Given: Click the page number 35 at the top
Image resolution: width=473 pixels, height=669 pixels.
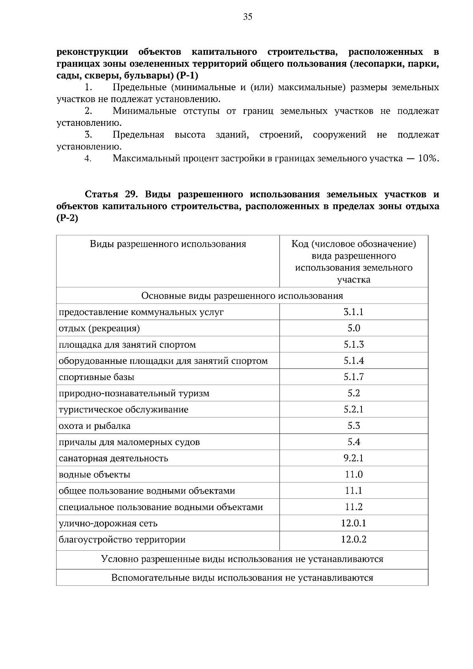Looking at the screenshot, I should [x=248, y=17].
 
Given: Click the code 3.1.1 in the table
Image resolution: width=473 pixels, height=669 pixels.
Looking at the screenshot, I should [x=353, y=312].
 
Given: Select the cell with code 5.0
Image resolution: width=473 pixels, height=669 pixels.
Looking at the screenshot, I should [x=354, y=328].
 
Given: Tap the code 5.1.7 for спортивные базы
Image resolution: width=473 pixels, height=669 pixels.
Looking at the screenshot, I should [x=353, y=377].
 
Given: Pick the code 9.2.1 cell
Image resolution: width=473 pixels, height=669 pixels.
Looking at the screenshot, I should [x=353, y=458].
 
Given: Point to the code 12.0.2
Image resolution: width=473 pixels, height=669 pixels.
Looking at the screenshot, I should [x=353, y=539].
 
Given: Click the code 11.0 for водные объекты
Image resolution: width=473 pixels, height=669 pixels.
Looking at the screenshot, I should [x=354, y=475].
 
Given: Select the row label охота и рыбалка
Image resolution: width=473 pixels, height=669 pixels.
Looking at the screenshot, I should [x=95, y=426].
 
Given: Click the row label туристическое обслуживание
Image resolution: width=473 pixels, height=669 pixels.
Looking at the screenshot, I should [x=123, y=410].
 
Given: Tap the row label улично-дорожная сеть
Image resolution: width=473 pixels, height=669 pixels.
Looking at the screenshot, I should [x=108, y=524].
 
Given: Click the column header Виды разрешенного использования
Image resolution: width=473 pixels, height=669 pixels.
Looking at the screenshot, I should [x=168, y=244].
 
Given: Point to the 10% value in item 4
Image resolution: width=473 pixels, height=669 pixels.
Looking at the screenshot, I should [x=428, y=158].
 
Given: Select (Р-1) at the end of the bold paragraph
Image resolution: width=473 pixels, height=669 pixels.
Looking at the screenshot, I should [x=187, y=75].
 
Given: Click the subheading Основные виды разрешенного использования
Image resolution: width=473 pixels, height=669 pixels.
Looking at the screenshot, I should [x=242, y=296].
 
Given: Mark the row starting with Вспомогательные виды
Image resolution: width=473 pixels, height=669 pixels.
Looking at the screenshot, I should [x=242, y=578].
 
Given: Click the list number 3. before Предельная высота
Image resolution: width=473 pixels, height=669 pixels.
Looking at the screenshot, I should [x=88, y=135].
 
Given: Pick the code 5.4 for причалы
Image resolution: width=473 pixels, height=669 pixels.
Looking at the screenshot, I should [x=354, y=442].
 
